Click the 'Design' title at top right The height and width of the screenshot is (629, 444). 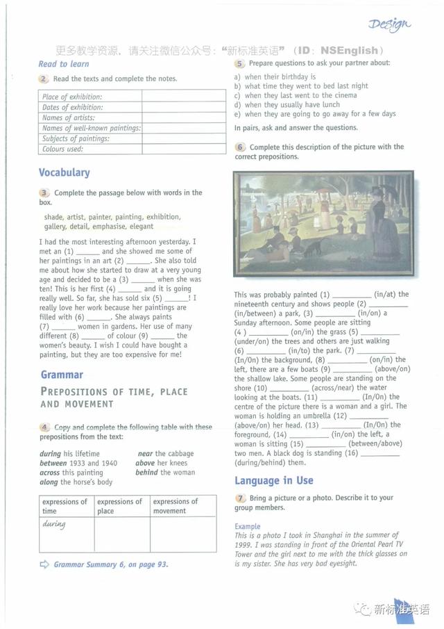(389, 25)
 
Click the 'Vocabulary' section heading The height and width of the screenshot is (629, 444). (65, 172)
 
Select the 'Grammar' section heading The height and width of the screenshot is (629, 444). (62, 375)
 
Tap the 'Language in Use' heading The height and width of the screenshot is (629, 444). (274, 480)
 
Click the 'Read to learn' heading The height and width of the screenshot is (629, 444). (63, 64)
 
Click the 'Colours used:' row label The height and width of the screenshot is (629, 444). (62, 149)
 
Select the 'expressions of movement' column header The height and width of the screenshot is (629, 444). (176, 506)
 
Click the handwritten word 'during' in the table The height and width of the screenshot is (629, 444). (54, 524)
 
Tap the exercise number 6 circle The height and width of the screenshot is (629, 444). (240, 147)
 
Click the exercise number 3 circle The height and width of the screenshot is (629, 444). (44, 193)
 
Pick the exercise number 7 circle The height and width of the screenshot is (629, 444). (240, 498)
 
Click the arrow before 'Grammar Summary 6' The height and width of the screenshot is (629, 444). (44, 564)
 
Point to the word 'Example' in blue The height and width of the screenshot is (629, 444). (248, 526)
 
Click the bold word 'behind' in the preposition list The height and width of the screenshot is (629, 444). (146, 473)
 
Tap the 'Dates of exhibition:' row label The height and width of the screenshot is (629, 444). (72, 107)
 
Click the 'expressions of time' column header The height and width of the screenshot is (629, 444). (65, 506)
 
